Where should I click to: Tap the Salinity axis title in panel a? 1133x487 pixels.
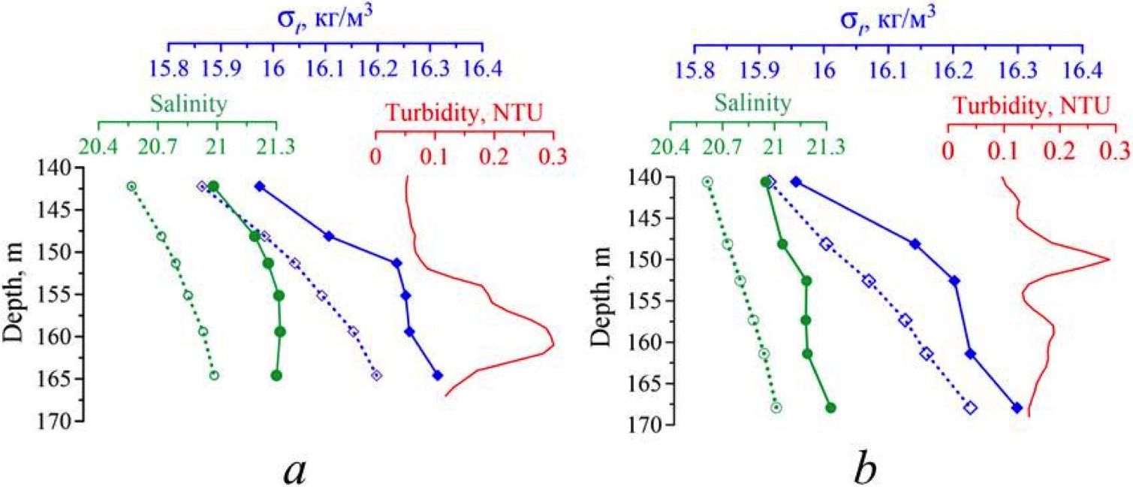[x=188, y=103]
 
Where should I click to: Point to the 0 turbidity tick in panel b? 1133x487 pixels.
[x=948, y=150]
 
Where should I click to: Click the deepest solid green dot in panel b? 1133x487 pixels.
[x=830, y=407]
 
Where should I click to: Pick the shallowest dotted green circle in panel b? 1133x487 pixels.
[x=707, y=181]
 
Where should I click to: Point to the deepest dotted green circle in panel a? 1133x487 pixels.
[x=214, y=375]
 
